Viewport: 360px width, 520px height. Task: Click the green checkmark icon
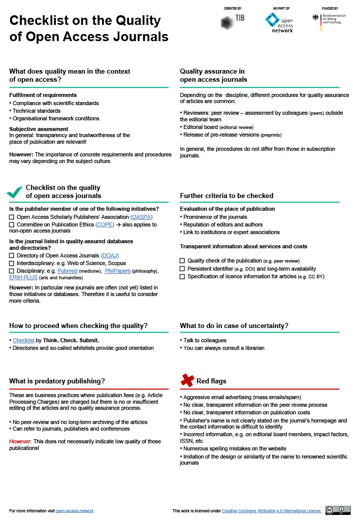click(x=15, y=192)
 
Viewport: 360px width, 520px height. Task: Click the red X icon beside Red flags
click(x=187, y=380)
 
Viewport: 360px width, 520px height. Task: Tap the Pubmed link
click(x=67, y=271)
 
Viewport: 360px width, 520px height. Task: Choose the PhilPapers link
click(x=117, y=271)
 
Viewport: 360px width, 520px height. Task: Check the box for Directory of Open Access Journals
click(x=12, y=255)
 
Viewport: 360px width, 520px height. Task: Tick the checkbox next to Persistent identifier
click(x=182, y=269)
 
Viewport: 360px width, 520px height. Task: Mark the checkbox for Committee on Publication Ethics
click(x=12, y=224)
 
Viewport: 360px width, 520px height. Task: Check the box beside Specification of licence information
click(x=182, y=277)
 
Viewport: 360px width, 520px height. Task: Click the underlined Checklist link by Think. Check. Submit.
click(x=23, y=340)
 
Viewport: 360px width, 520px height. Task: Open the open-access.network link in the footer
click(x=74, y=511)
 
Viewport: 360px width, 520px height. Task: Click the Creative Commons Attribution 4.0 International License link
click(x=271, y=511)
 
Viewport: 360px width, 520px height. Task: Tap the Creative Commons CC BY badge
click(x=338, y=510)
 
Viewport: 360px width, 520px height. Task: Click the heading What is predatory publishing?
click(x=57, y=381)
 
